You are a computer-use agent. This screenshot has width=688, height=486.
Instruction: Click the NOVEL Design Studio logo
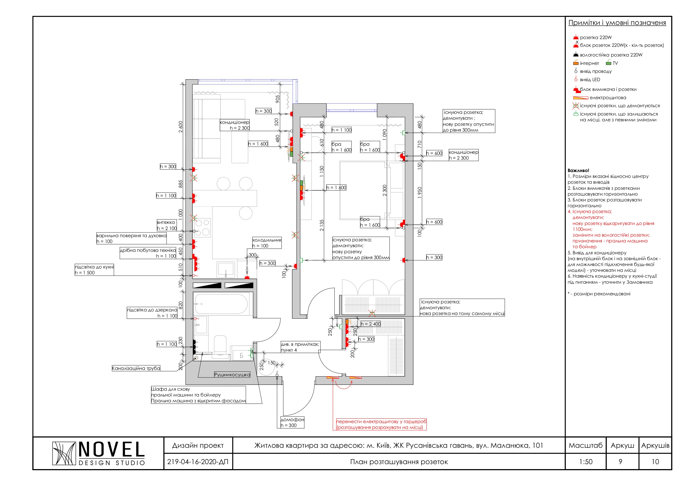pyautogui.click(x=98, y=453)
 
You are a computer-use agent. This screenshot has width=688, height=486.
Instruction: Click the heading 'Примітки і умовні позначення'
pyautogui.click(x=617, y=23)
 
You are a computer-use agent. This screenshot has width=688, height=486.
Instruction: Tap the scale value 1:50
pyautogui.click(x=585, y=462)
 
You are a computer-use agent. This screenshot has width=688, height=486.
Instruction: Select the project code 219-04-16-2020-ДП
pyautogui.click(x=198, y=462)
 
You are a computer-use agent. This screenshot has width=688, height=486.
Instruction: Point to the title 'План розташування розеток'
pyautogui.click(x=399, y=462)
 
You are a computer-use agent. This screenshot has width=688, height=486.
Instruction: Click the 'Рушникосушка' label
pyautogui.click(x=232, y=375)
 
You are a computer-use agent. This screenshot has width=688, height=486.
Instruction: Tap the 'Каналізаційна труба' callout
pyautogui.click(x=136, y=368)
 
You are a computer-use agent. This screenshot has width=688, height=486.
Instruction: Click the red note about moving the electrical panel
pyautogui.click(x=381, y=424)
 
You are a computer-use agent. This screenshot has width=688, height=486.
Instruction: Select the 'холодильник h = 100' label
pyautogui.click(x=267, y=243)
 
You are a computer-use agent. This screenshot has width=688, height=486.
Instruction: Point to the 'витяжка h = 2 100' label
pyautogui.click(x=167, y=225)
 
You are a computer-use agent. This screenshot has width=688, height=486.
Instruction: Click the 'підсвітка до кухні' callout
pyautogui.click(x=94, y=270)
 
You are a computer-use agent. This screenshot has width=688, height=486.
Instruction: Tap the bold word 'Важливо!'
pyautogui.click(x=578, y=170)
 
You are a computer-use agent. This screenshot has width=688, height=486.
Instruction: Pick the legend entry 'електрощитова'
pyautogui.click(x=608, y=98)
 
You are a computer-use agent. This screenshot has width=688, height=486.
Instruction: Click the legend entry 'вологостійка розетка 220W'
pyautogui.click(x=611, y=55)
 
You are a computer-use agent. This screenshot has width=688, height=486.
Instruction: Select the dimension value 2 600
pyautogui.click(x=181, y=127)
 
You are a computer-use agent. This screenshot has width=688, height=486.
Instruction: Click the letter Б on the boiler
pyautogui.click(x=242, y=356)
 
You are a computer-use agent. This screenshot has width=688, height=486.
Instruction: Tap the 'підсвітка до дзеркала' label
pyautogui.click(x=152, y=313)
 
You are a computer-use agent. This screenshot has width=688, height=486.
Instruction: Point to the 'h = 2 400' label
pyautogui.click(x=370, y=324)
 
